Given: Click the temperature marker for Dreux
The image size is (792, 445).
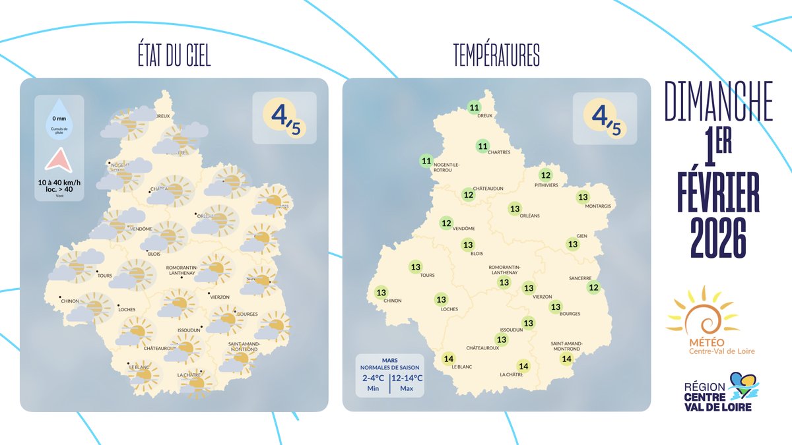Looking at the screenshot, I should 474,108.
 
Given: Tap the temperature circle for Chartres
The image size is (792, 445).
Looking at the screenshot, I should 482,146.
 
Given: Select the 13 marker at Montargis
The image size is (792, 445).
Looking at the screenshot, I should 583,197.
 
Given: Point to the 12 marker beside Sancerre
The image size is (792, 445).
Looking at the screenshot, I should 593,287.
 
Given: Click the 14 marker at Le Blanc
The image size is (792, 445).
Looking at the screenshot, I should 449,359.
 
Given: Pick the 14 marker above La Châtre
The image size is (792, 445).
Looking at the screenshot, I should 524,367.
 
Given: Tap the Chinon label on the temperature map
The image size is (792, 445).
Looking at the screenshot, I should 392,301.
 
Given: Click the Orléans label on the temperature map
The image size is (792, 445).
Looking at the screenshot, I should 529,216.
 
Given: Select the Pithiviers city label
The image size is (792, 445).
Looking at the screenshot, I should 546,185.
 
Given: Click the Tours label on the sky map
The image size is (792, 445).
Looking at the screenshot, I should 105,276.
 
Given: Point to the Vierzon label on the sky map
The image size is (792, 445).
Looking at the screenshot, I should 219,297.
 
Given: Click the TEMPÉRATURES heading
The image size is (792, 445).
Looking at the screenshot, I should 496,57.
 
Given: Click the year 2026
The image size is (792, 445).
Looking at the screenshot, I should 719,236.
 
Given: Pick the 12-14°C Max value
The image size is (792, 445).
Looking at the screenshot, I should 407,383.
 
